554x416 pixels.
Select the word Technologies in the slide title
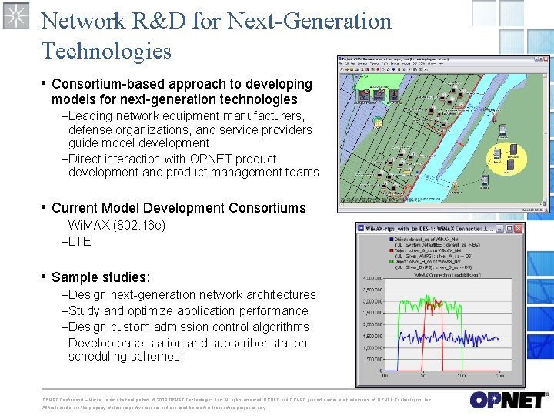click(x=105, y=51)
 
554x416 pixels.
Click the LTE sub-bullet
click(x=79, y=241)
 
